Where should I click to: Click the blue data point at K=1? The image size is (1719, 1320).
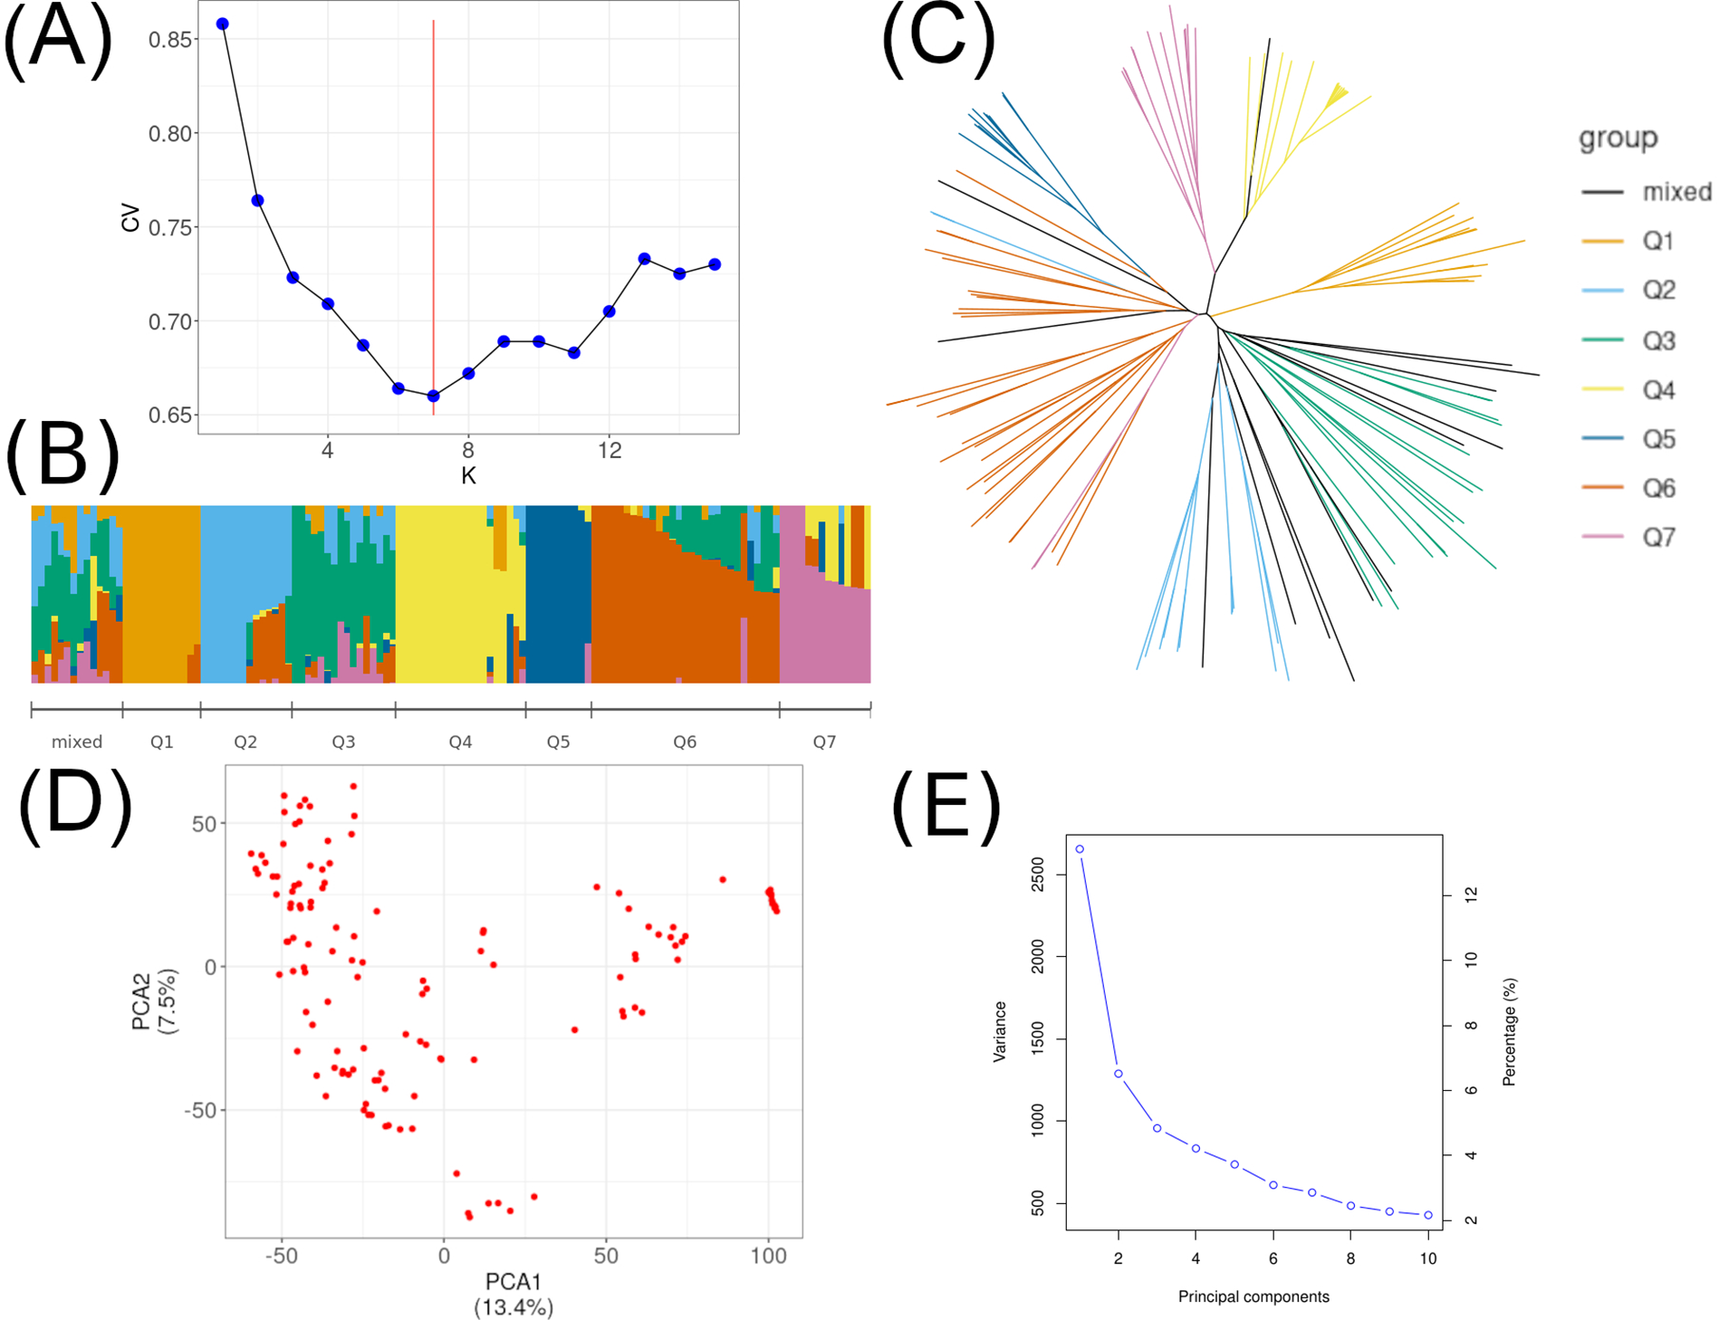[223, 24]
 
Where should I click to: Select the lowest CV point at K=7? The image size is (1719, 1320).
[433, 396]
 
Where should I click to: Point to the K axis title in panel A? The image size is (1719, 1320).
[468, 476]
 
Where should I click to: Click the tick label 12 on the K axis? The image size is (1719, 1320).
[610, 450]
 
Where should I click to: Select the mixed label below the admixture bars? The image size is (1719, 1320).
[77, 742]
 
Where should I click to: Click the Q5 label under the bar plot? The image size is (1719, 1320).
[558, 742]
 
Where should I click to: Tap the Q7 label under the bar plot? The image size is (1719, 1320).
[824, 742]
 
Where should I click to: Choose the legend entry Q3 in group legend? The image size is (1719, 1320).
[1658, 341]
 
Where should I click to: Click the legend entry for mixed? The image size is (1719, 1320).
[1676, 192]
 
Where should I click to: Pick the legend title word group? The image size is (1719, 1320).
[1618, 139]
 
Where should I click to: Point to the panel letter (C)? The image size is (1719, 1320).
[938, 41]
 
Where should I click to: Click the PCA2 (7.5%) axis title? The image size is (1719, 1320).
[155, 1000]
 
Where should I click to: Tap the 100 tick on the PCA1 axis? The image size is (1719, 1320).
[769, 1257]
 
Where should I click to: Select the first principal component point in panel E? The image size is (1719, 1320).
[1080, 849]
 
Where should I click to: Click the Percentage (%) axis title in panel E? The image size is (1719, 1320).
[1509, 1032]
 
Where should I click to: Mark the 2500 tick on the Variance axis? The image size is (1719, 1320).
[1039, 875]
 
